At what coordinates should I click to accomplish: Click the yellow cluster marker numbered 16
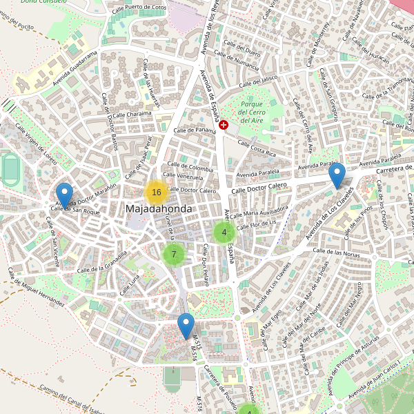pyautogui.click(x=157, y=193)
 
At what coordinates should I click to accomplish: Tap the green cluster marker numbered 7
pyautogui.click(x=174, y=254)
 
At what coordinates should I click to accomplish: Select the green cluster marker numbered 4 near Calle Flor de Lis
pyautogui.click(x=224, y=233)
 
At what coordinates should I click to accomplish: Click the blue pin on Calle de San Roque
pyautogui.click(x=65, y=195)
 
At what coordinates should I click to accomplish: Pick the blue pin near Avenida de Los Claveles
pyautogui.click(x=337, y=176)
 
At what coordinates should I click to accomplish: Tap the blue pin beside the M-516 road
pyautogui.click(x=186, y=326)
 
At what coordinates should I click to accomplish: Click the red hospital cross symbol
pyautogui.click(x=224, y=124)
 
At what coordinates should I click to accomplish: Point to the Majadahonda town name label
pyautogui.click(x=159, y=208)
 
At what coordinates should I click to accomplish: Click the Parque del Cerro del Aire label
pyautogui.click(x=251, y=112)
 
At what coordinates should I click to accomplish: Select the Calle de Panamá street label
pyautogui.click(x=195, y=130)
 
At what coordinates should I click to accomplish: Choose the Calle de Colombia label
pyautogui.click(x=189, y=168)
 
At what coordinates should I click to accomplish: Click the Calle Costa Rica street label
pyautogui.click(x=257, y=147)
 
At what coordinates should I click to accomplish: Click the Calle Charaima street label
pyautogui.click(x=132, y=115)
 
